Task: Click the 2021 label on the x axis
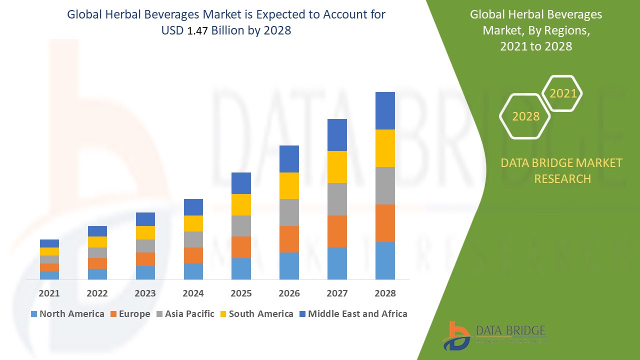[49, 293]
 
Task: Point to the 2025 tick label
[241, 293]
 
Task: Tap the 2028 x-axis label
[385, 293]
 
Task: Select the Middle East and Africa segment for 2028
[385, 110]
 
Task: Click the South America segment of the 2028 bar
[385, 148]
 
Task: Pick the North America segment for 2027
[337, 263]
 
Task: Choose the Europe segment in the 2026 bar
[289, 239]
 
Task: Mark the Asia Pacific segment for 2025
[241, 226]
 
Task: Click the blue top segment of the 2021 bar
[49, 243]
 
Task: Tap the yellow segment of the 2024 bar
[193, 223]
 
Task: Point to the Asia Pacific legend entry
[184, 314]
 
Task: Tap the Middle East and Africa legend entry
[352, 314]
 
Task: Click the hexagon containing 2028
[525, 116]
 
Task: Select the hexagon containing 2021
[562, 93]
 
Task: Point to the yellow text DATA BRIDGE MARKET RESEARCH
[562, 170]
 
